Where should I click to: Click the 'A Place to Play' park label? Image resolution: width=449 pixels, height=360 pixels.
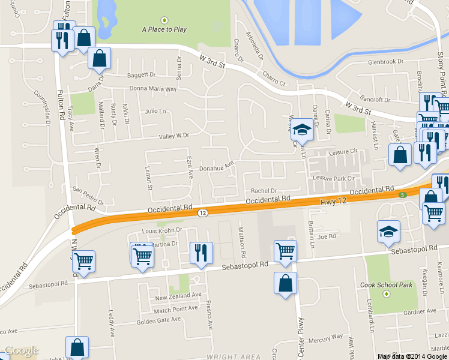click(x=164, y=29)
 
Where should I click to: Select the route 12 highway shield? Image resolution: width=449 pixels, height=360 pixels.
click(x=203, y=213)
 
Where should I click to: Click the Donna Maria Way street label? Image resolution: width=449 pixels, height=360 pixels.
click(x=153, y=89)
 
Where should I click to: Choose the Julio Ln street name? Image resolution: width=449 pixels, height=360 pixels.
click(x=155, y=111)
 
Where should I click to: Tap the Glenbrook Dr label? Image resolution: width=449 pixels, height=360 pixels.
click(x=384, y=62)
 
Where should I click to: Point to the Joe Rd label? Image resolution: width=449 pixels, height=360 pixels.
click(x=327, y=236)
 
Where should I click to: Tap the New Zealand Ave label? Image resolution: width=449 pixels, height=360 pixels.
click(x=178, y=296)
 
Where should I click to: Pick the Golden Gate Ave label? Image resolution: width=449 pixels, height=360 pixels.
click(x=158, y=320)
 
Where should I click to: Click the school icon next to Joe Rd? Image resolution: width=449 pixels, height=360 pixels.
click(x=388, y=231)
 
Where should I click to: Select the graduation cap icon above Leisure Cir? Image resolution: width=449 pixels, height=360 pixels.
click(x=303, y=128)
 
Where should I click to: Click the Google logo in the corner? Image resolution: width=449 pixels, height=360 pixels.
click(x=21, y=350)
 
